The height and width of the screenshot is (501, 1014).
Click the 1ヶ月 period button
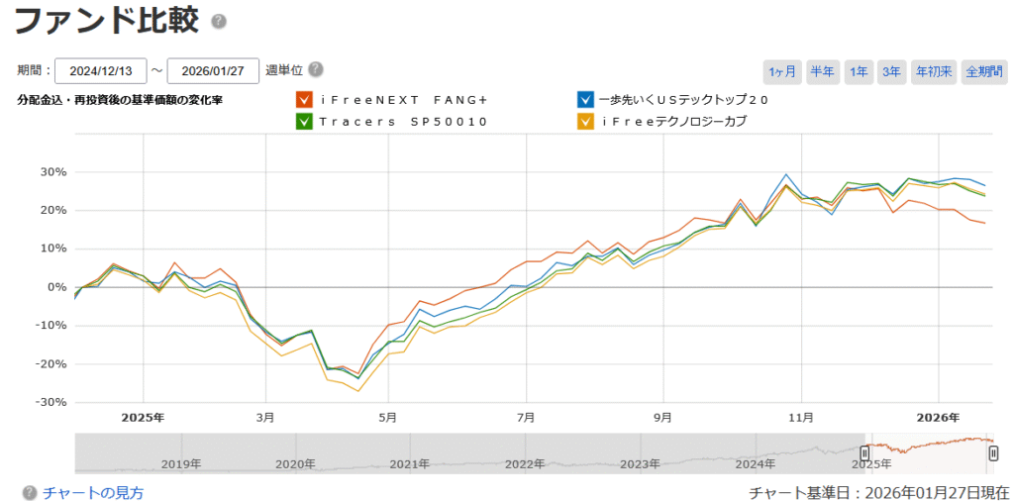pyautogui.click(x=782, y=71)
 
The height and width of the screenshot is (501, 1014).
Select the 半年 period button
pyautogui.click(x=822, y=71)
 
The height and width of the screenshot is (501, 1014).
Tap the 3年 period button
pyautogui.click(x=891, y=71)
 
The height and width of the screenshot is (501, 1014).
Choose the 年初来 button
pyautogui.click(x=934, y=71)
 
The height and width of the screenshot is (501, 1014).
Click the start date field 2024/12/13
pyautogui.click(x=101, y=71)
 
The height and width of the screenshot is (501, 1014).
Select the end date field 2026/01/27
pyautogui.click(x=213, y=71)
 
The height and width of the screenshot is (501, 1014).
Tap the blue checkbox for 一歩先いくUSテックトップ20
pyautogui.click(x=586, y=100)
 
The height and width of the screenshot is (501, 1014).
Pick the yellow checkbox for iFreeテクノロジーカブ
pyautogui.click(x=586, y=122)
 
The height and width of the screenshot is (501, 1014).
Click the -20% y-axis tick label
pyautogui.click(x=51, y=363)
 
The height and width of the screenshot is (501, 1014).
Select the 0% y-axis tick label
pyautogui.click(x=56, y=287)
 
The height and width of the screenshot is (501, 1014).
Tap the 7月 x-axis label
pyautogui.click(x=526, y=417)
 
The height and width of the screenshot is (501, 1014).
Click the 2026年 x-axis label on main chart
pyautogui.click(x=939, y=417)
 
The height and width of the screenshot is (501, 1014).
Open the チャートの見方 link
pyautogui.click(x=93, y=492)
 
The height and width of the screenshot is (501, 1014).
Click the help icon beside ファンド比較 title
pyautogui.click(x=219, y=22)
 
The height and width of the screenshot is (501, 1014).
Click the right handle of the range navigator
pyautogui.click(x=993, y=452)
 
